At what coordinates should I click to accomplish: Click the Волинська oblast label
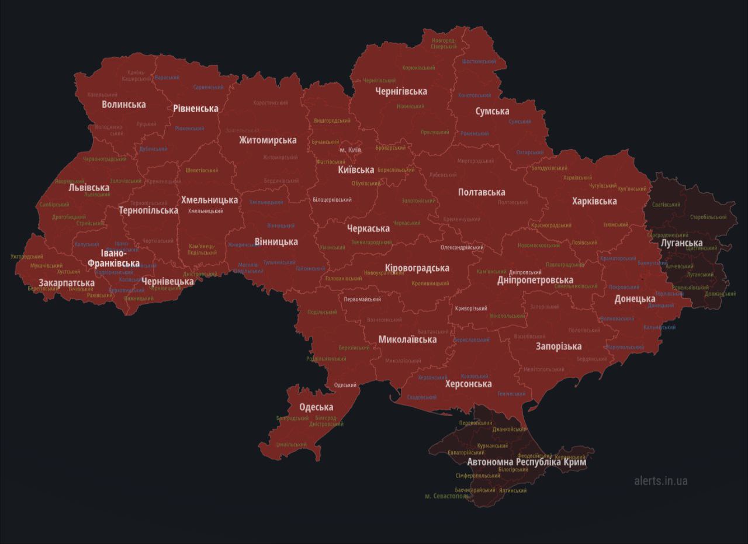tap(124, 105)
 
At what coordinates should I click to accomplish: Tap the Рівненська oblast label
tap(196, 108)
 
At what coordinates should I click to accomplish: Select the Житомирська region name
tap(268, 140)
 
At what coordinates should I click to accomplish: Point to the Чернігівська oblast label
tap(401, 91)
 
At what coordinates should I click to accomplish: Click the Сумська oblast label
tap(492, 111)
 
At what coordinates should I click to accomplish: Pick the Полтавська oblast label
tap(482, 192)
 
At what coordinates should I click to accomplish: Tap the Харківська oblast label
tap(594, 201)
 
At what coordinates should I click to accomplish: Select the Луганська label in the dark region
tap(681, 242)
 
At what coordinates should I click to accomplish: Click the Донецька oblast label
tap(635, 299)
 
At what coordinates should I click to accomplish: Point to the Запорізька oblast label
tap(559, 346)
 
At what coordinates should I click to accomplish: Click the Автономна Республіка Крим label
tap(527, 462)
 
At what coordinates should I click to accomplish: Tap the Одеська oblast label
tap(316, 407)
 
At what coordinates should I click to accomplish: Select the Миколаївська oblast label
tap(407, 339)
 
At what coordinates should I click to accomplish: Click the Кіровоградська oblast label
tap(417, 268)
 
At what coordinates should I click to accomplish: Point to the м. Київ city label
tap(351, 150)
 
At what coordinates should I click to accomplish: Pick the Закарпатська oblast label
tap(67, 283)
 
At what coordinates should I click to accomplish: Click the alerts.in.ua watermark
tap(661, 481)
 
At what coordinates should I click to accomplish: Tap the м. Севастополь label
tap(447, 496)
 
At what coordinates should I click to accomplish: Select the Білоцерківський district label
tap(333, 200)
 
